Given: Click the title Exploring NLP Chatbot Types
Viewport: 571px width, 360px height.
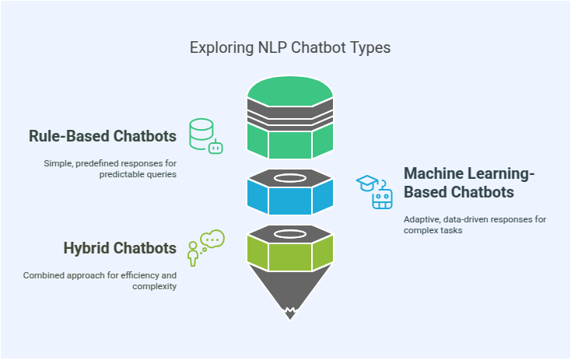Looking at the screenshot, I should pyautogui.click(x=290, y=47).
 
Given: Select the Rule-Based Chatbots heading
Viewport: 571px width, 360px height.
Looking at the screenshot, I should pyautogui.click(x=103, y=137).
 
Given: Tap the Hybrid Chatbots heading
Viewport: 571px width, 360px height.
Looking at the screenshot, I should pyautogui.click(x=120, y=249).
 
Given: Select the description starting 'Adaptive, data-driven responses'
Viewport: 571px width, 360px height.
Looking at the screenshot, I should pyautogui.click(x=475, y=225).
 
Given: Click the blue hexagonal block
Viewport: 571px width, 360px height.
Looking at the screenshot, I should pyautogui.click(x=290, y=198).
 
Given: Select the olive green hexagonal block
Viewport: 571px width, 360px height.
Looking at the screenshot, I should pyautogui.click(x=290, y=251).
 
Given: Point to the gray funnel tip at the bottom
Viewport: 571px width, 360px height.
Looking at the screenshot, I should pyautogui.click(x=290, y=311).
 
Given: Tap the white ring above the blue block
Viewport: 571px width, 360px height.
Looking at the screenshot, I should pyautogui.click(x=290, y=178).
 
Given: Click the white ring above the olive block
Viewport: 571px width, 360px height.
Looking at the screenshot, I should pyautogui.click(x=290, y=232).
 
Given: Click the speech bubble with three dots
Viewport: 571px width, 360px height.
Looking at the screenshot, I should pyautogui.click(x=212, y=239).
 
